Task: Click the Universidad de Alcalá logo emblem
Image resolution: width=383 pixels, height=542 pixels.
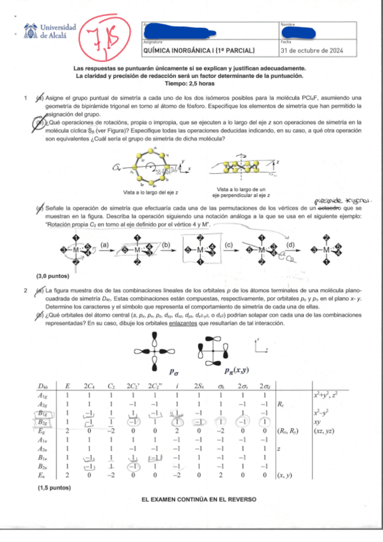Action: pyautogui.click(x=30, y=31)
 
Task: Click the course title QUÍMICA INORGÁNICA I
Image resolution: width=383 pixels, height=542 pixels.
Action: pyautogui.click(x=199, y=49)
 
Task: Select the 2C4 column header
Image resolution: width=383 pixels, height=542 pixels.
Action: pyautogui.click(x=90, y=387)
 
